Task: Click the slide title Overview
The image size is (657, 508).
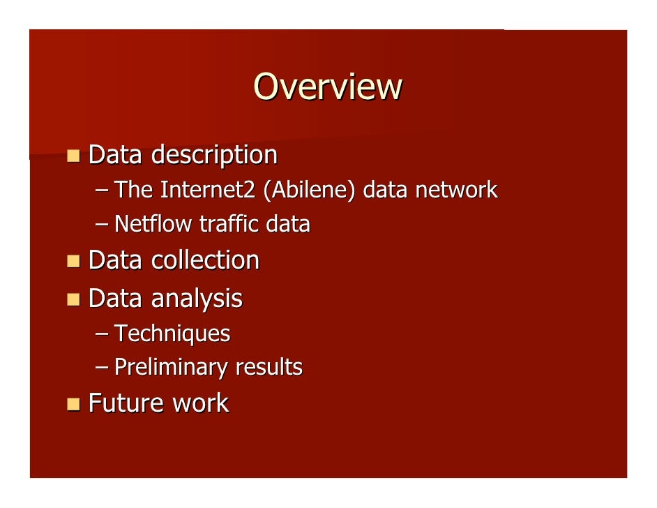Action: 328,87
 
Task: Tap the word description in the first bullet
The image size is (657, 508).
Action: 214,155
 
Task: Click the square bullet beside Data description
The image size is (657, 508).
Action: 73,155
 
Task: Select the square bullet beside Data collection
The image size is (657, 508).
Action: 73,261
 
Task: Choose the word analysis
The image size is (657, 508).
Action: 197,299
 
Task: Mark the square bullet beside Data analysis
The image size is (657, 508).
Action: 73,299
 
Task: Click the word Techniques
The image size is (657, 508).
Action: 172,334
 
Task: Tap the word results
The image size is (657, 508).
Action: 269,367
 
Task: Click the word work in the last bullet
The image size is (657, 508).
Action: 202,403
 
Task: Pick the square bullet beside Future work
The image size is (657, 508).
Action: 73,404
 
